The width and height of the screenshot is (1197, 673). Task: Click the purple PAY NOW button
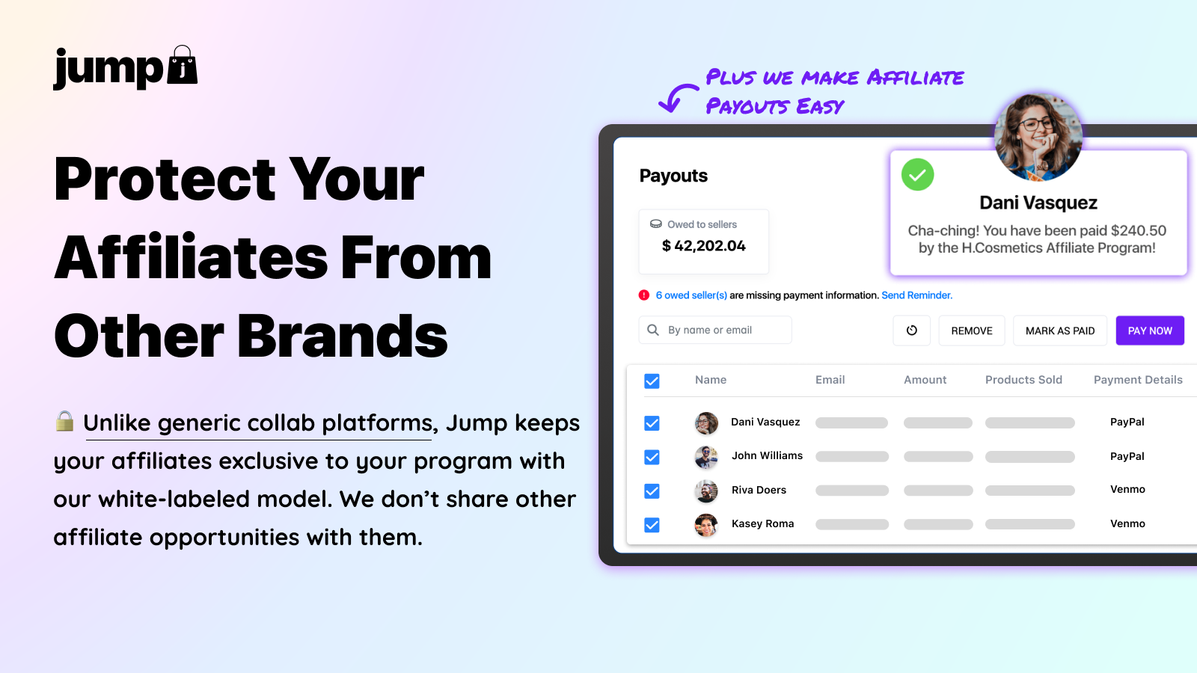[1150, 331]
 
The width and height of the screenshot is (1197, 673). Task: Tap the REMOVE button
[972, 331]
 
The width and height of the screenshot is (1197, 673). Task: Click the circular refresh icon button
[912, 331]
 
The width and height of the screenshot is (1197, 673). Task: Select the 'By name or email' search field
[715, 330]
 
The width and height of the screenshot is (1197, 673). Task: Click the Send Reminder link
[916, 295]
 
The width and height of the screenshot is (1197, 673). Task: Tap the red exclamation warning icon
[644, 295]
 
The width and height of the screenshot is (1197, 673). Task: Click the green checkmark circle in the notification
[917, 175]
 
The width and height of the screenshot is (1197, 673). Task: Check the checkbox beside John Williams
[652, 457]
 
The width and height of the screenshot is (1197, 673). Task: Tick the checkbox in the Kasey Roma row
[652, 525]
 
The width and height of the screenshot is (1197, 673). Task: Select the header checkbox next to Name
[652, 381]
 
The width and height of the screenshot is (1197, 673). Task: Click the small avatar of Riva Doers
[706, 491]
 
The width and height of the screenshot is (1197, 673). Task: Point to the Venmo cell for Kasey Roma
[1127, 523]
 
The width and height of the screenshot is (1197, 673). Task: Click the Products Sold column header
[1023, 380]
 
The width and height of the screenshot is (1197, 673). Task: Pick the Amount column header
[925, 380]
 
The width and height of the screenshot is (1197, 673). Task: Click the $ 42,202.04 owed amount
[703, 246]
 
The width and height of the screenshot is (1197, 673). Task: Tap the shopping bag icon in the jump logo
[183, 66]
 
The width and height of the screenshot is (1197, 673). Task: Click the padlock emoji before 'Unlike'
[64, 422]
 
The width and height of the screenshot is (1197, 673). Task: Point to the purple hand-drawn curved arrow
[676, 98]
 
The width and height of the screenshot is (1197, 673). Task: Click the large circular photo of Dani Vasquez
[1038, 138]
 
